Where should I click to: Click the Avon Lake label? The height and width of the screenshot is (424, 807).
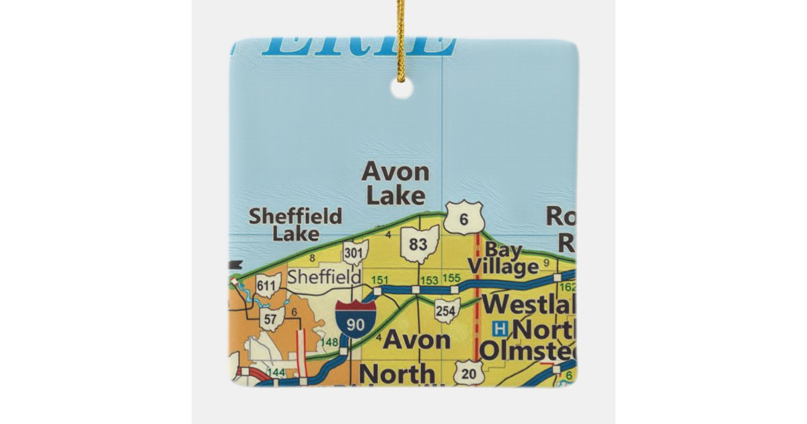pyautogui.click(x=395, y=183)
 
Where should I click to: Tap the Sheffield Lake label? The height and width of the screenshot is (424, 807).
pyautogui.click(x=295, y=225)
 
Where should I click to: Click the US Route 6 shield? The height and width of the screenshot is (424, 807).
pyautogui.click(x=464, y=218)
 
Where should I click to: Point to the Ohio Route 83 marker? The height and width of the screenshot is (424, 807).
pyautogui.click(x=418, y=244)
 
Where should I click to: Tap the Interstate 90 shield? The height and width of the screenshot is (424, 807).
pyautogui.click(x=356, y=318)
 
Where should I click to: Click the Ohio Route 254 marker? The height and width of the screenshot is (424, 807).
pyautogui.click(x=447, y=310)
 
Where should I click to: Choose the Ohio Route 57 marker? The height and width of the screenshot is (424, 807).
pyautogui.click(x=270, y=320)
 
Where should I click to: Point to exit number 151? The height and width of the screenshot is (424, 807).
pyautogui.click(x=381, y=280)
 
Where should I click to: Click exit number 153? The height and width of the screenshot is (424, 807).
pyautogui.click(x=428, y=280)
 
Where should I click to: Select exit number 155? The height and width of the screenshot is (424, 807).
pyautogui.click(x=452, y=279)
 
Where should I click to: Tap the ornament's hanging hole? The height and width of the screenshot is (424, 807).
pyautogui.click(x=401, y=89)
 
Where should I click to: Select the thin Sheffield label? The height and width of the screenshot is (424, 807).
pyautogui.click(x=315, y=277)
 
